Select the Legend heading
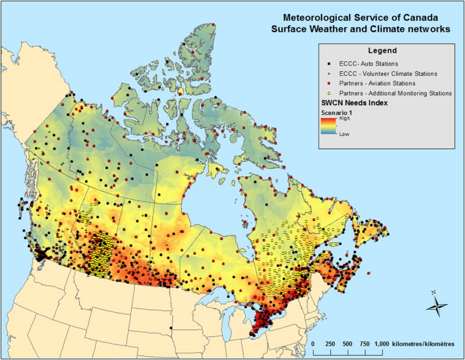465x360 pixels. [381, 51]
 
